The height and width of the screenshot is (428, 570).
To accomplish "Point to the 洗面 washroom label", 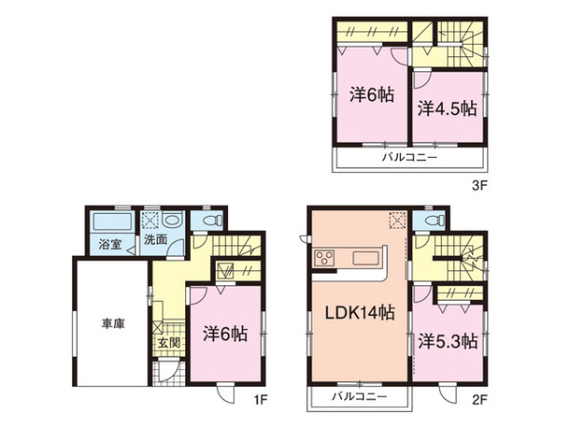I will click(x=156, y=241).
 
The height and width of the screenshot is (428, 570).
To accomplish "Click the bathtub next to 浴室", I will click(x=110, y=224).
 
